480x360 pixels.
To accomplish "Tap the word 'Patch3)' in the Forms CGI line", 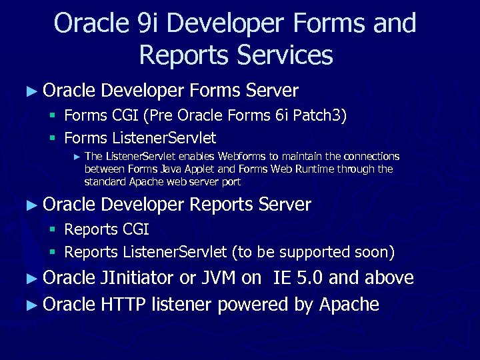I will tap(321, 115).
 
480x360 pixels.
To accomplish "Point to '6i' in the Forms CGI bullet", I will tap(282, 115).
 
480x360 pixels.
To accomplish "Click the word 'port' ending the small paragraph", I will tap(231, 181).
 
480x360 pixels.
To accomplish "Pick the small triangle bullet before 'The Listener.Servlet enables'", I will tap(76, 157).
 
